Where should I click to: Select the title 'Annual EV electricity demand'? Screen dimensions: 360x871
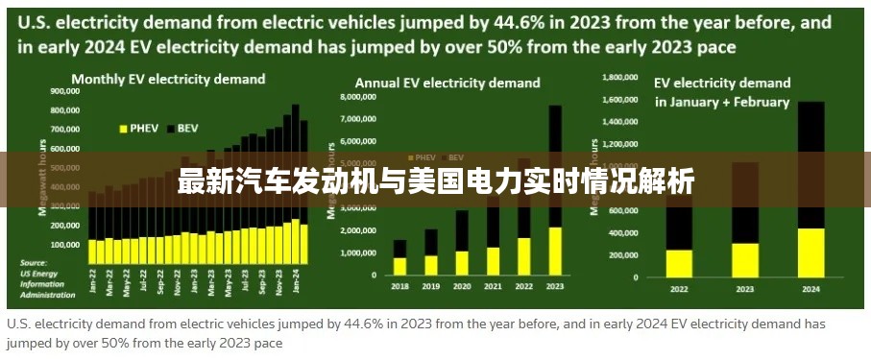pyautogui.click(x=448, y=84)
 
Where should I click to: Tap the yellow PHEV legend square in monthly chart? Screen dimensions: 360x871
pyautogui.click(x=123, y=127)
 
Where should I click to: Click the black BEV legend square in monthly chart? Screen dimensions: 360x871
pyautogui.click(x=170, y=127)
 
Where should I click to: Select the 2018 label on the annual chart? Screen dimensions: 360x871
pyautogui.click(x=399, y=285)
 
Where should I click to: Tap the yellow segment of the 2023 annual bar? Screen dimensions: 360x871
pyautogui.click(x=554, y=251)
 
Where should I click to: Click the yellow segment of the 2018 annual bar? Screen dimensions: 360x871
pyautogui.click(x=399, y=266)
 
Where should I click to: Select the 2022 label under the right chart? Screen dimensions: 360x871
pyautogui.click(x=679, y=288)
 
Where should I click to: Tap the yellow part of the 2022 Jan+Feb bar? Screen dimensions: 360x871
pyautogui.click(x=679, y=262)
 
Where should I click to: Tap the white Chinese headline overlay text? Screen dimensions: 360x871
pyautogui.click(x=435, y=180)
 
